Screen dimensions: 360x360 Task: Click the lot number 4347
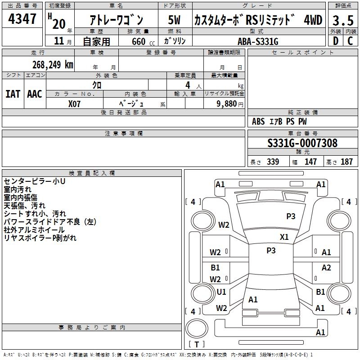[x=22, y=20]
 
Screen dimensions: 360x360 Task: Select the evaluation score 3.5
[x=342, y=21]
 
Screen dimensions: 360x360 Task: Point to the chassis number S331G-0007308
[x=302, y=143]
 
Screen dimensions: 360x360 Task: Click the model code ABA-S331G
[x=258, y=41]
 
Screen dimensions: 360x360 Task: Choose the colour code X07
[x=75, y=103]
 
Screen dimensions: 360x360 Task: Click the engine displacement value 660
[x=138, y=41]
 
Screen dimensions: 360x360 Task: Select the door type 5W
[x=175, y=20]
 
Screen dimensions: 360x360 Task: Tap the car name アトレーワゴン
[x=117, y=20]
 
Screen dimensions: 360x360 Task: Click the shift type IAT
[x=13, y=94]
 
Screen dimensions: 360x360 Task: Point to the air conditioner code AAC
[x=35, y=94]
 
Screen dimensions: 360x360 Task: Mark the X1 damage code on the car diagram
[x=284, y=237]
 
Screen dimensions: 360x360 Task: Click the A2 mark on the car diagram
[x=326, y=268]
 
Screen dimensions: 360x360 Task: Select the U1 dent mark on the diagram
[x=221, y=292]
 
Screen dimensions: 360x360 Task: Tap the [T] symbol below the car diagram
[x=197, y=344]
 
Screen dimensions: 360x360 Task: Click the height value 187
[x=346, y=162]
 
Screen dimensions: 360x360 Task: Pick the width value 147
[x=310, y=162]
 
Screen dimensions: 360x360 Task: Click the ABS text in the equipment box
[x=258, y=121]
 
